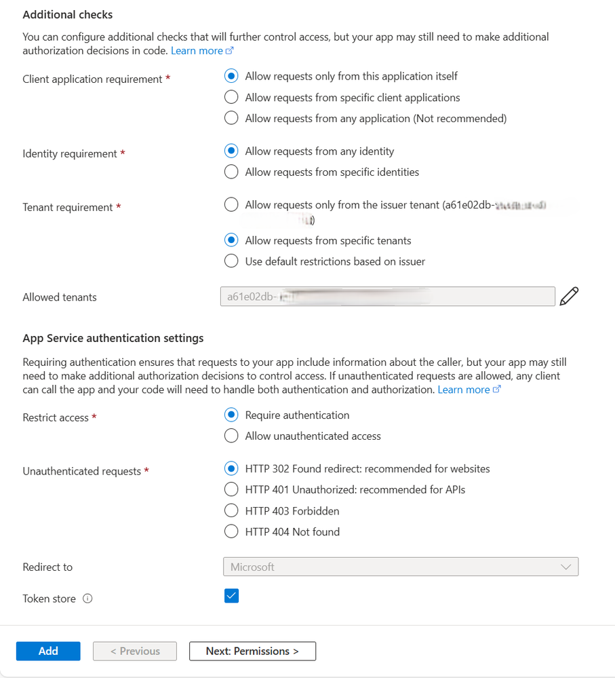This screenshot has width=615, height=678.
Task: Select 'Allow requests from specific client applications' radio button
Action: (x=232, y=97)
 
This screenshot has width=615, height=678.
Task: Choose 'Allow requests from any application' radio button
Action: (x=232, y=118)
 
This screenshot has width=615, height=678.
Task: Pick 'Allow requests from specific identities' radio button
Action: (x=232, y=172)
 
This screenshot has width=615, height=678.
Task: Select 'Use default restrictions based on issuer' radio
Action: (x=232, y=261)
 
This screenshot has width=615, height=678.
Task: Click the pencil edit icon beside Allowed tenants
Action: (x=570, y=297)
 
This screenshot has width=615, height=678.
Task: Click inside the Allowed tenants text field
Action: (x=386, y=297)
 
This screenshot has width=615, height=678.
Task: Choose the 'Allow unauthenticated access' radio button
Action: (x=232, y=436)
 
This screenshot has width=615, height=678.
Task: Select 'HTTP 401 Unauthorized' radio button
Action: (x=232, y=489)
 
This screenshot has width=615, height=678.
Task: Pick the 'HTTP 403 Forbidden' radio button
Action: (x=232, y=510)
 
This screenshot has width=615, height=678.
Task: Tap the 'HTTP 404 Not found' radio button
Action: (x=232, y=531)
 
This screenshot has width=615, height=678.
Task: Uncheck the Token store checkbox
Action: (x=232, y=596)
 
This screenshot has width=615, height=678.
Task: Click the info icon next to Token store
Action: (x=87, y=599)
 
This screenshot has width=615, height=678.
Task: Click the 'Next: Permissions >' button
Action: (x=252, y=651)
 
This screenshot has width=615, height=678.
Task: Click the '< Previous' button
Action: (x=135, y=651)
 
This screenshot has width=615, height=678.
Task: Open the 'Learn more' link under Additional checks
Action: (x=201, y=50)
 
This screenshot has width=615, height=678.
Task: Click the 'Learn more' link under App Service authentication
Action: (x=469, y=390)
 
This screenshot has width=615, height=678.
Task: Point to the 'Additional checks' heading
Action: (x=68, y=14)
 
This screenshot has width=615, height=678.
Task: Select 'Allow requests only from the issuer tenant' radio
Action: (x=232, y=204)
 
